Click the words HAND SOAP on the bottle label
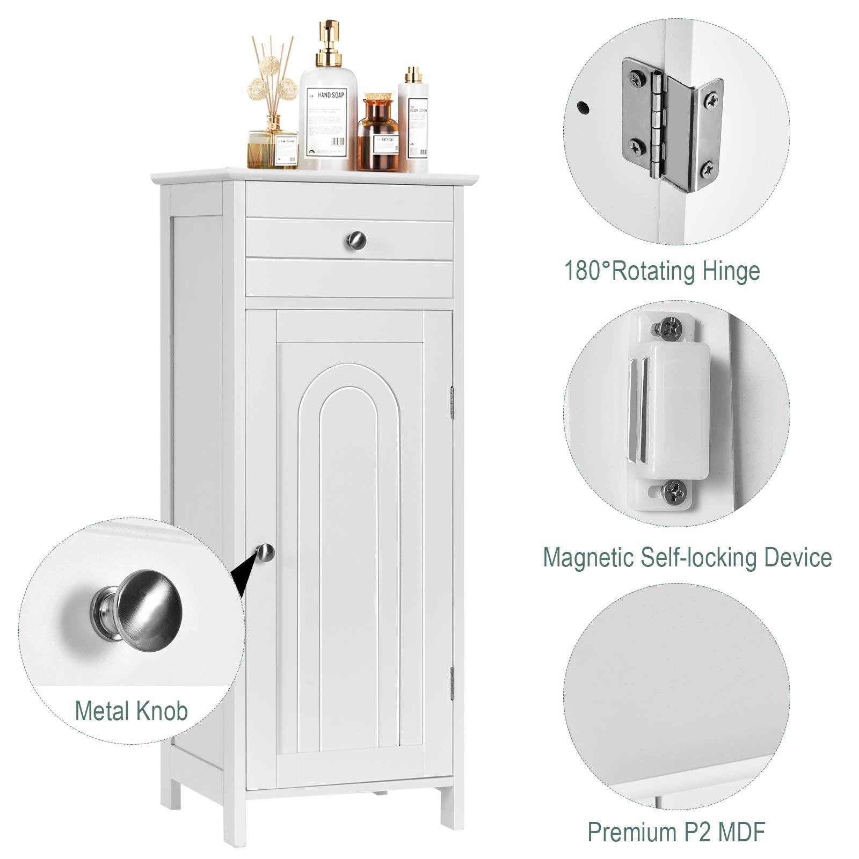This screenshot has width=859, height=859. click(331, 94)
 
